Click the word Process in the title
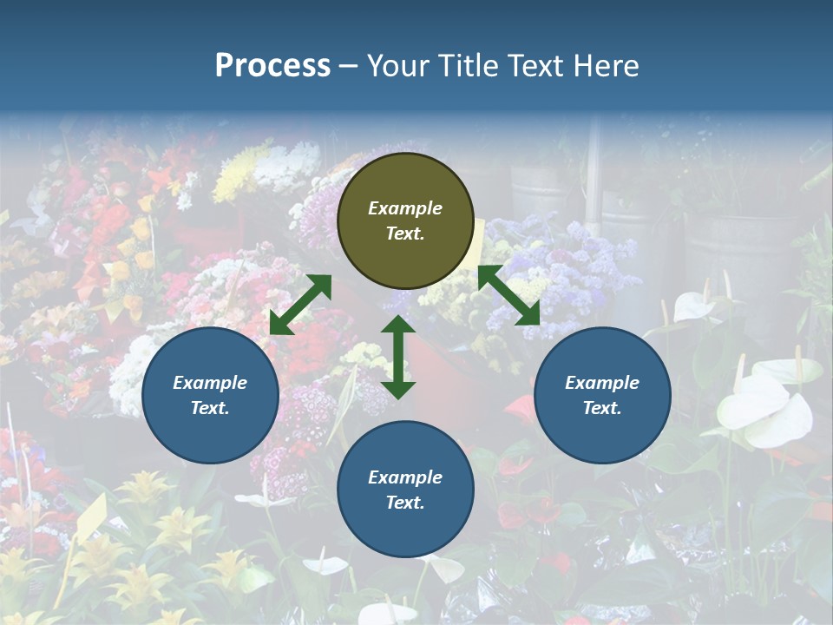[272, 66]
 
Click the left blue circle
[210, 395]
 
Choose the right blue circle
[602, 395]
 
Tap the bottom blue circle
[405, 490]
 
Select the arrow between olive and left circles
[300, 305]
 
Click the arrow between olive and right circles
[508, 295]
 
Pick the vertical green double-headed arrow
[398, 357]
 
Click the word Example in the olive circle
[405, 208]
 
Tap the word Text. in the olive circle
[405, 234]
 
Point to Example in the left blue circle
[210, 383]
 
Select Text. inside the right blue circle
[602, 408]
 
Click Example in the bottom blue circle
[405, 477]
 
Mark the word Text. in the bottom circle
[405, 503]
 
